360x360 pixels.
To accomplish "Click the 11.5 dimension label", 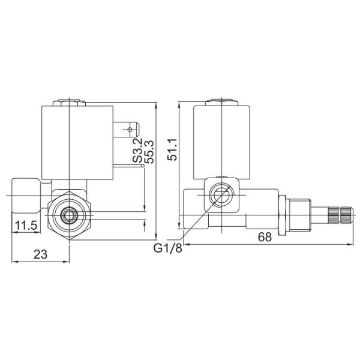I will pyautogui.click(x=25, y=226).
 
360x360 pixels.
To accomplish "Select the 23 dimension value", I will pyautogui.click(x=40, y=254).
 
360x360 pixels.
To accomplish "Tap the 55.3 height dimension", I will pyautogui.click(x=150, y=151).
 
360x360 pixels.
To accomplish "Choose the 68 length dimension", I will pyautogui.click(x=264, y=237).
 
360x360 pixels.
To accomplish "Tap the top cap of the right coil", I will pyautogui.click(x=221, y=101).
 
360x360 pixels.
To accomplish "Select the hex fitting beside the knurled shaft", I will pyautogui.click(x=298, y=214).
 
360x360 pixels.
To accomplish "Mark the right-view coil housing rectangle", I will pyautogui.click(x=221, y=142).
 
